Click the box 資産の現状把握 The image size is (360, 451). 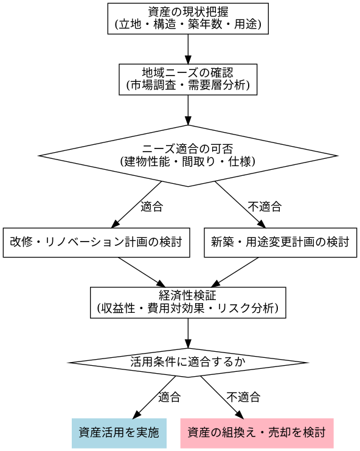point(188,19)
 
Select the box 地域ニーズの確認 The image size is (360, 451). point(188,79)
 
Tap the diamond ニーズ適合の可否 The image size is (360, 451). point(188,156)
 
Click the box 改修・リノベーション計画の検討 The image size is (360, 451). point(96,242)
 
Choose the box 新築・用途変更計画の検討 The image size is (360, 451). point(280,242)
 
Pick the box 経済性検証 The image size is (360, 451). point(188,302)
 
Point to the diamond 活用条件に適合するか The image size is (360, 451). point(188,362)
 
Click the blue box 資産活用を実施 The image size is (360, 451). point(119,433)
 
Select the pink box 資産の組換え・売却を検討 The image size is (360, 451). point(257,433)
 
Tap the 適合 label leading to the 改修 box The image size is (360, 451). point(151,207)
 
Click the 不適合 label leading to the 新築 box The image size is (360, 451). point(265,207)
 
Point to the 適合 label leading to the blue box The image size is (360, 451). point(170,397)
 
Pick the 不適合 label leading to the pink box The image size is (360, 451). point(243,397)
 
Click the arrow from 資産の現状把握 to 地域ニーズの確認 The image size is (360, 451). point(188,49)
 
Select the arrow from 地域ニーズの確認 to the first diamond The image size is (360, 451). point(188,110)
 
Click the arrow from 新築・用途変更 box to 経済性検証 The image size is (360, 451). point(235,272)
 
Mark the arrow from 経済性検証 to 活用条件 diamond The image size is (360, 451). point(188,333)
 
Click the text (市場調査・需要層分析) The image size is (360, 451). point(188,85)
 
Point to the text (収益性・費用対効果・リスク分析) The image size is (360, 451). point(188,309)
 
